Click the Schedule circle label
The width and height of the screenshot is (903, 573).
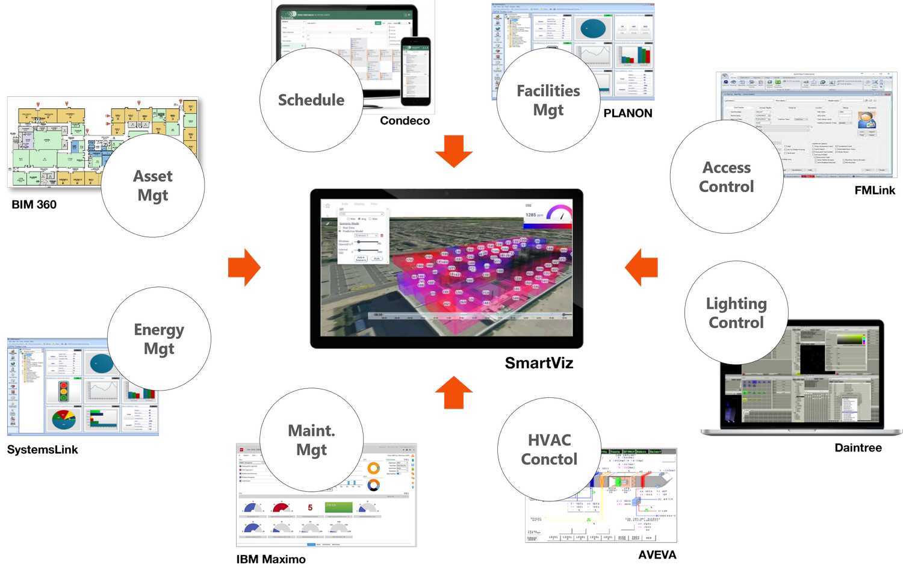[311, 100]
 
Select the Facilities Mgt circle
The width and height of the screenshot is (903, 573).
[548, 100]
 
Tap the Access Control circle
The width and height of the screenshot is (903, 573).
[727, 176]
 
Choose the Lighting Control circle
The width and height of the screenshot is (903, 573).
[736, 312]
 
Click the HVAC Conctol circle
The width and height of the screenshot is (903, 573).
[549, 450]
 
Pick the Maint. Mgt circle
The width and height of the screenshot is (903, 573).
[311, 440]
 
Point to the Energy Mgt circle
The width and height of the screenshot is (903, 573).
[159, 339]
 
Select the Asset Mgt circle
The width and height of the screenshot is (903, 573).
[153, 185]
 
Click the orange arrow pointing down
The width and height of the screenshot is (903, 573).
[454, 153]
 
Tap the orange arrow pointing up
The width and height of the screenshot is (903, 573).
[454, 393]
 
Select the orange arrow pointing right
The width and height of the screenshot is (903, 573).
[244, 267]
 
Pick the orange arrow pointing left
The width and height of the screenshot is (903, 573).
[641, 267]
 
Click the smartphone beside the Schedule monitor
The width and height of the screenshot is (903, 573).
[416, 70]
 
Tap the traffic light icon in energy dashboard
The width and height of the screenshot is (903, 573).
[63, 391]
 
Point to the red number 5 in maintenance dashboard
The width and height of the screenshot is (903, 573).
[310, 507]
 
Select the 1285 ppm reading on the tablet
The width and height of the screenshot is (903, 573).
[533, 215]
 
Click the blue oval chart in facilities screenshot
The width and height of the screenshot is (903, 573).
[592, 28]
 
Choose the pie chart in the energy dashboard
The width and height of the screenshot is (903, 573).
[64, 420]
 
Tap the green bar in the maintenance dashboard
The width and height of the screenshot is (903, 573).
[339, 507]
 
